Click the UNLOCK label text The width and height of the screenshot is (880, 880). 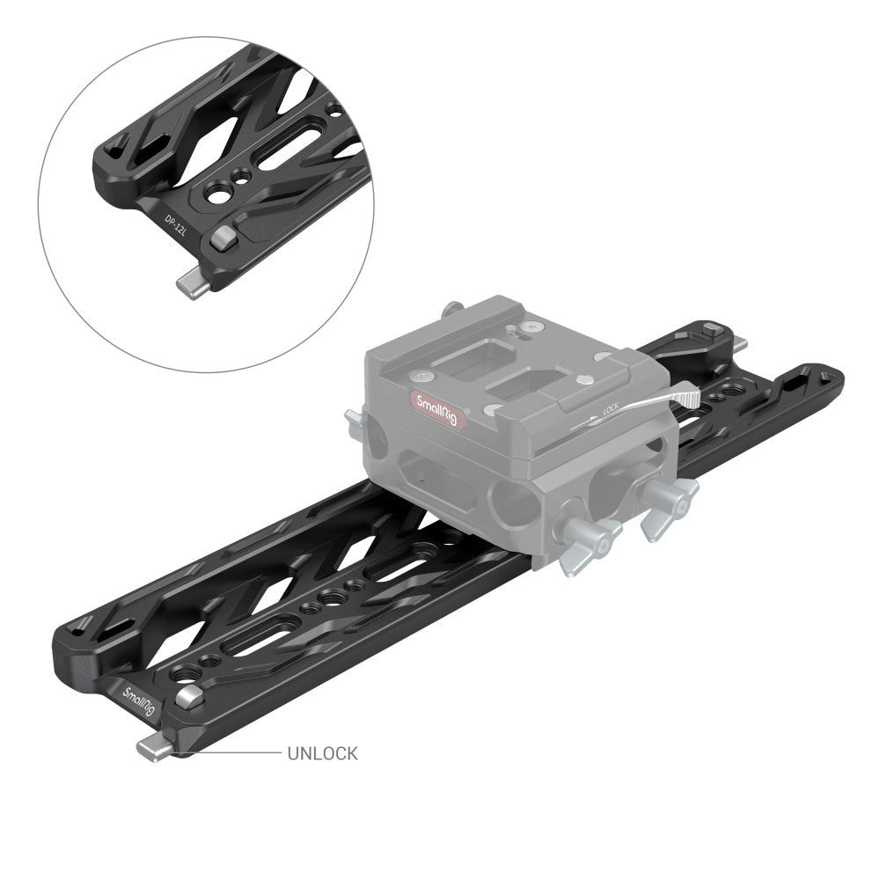click(322, 753)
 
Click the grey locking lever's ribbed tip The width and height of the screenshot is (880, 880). click(688, 398)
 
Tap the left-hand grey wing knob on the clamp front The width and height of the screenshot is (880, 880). click(589, 537)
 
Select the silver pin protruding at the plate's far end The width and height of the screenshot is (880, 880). click(741, 342)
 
